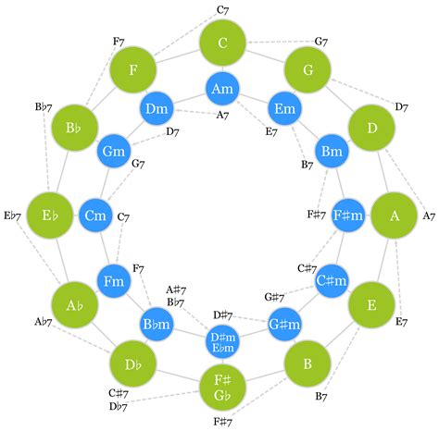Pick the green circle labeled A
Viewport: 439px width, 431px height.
coord(395,216)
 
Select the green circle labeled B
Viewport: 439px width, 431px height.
coord(308,363)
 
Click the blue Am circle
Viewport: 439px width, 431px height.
coord(222,89)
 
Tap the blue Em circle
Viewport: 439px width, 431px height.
coord(285,110)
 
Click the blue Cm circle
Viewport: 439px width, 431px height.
coord(95,216)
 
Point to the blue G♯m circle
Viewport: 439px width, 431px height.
coord(284,324)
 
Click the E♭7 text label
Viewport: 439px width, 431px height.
coord(12,216)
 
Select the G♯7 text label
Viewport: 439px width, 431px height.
coord(274,297)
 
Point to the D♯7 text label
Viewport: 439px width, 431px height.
coord(222,315)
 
